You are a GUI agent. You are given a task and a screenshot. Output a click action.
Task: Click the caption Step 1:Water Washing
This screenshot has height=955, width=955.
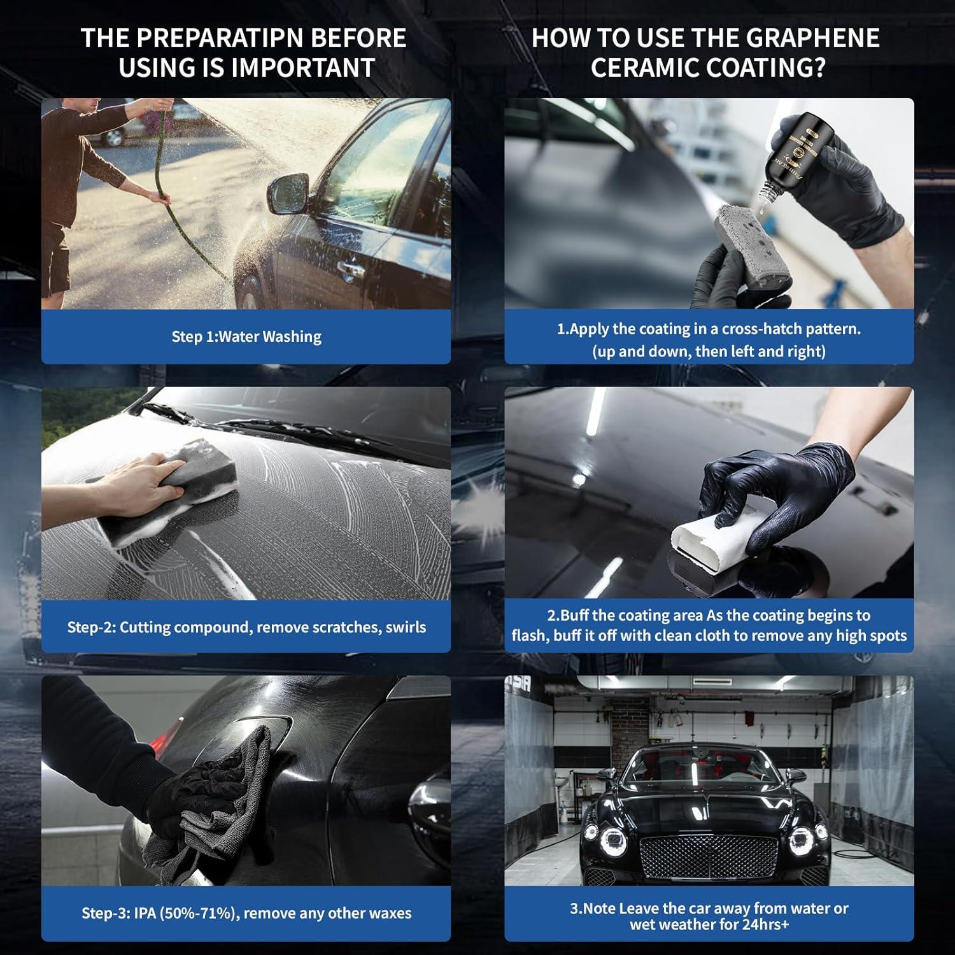(246, 337)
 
